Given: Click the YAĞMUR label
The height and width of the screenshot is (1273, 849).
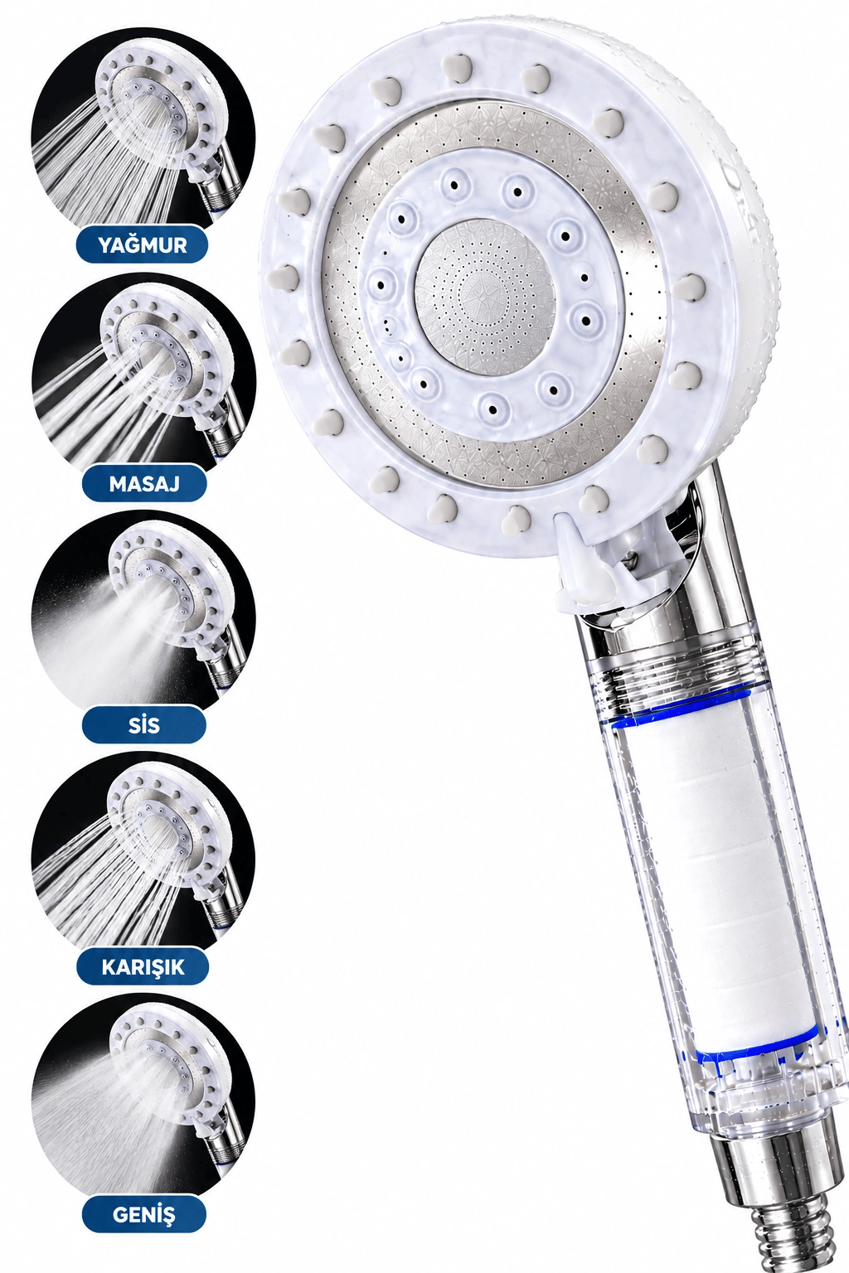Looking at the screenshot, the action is tap(142, 245).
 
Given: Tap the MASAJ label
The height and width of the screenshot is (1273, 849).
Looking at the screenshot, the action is tap(144, 484).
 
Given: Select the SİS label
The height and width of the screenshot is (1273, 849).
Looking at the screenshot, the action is tap(143, 725).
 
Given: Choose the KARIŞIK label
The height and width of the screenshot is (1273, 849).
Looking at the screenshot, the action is tap(143, 966).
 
